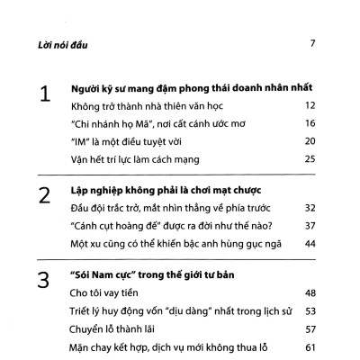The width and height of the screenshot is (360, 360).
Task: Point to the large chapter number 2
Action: pyautogui.click(x=40, y=195)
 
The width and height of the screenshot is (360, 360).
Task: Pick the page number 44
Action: pyautogui.click(x=309, y=244)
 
